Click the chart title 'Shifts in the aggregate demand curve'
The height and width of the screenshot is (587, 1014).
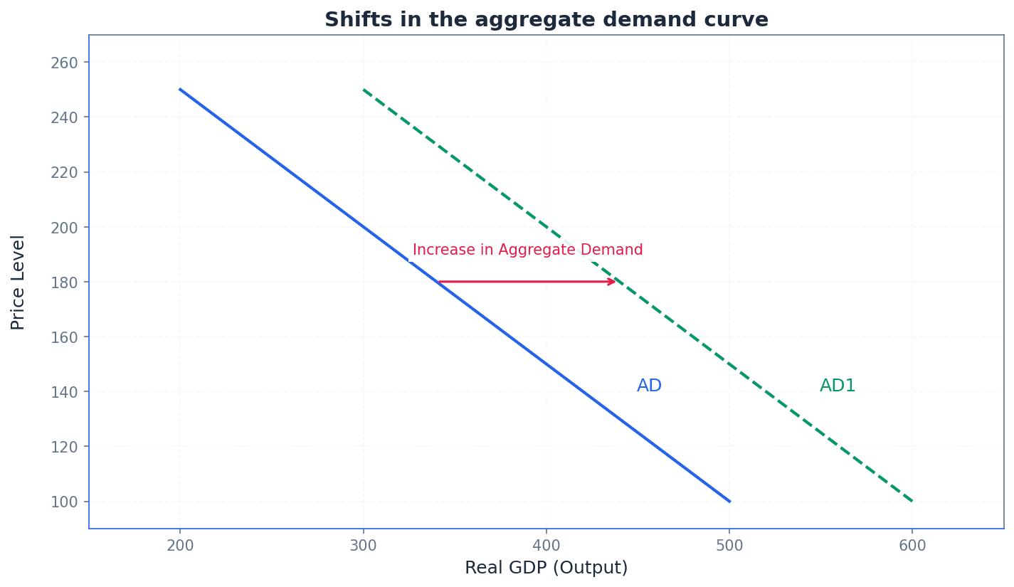tap(546, 20)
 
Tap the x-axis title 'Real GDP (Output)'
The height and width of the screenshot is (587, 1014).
tap(546, 568)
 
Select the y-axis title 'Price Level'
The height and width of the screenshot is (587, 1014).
tap(19, 282)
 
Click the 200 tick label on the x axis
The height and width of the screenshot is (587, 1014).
tap(180, 546)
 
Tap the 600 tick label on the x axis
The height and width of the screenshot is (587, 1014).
tap(912, 546)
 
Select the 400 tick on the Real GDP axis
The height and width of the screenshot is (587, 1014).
tap(546, 546)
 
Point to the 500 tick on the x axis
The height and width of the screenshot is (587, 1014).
tap(729, 546)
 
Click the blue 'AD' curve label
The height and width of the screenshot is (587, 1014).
tap(649, 386)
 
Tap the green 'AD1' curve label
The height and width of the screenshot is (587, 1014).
tap(838, 386)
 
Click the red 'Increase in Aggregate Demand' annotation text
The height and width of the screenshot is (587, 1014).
tap(527, 250)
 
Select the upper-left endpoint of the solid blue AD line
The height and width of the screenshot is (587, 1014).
tap(180, 90)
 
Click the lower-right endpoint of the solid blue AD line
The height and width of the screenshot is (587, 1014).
tap(729, 502)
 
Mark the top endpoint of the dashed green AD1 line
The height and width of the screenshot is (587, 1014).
tap(364, 90)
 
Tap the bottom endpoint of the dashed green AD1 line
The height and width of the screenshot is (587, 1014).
tap(912, 502)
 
